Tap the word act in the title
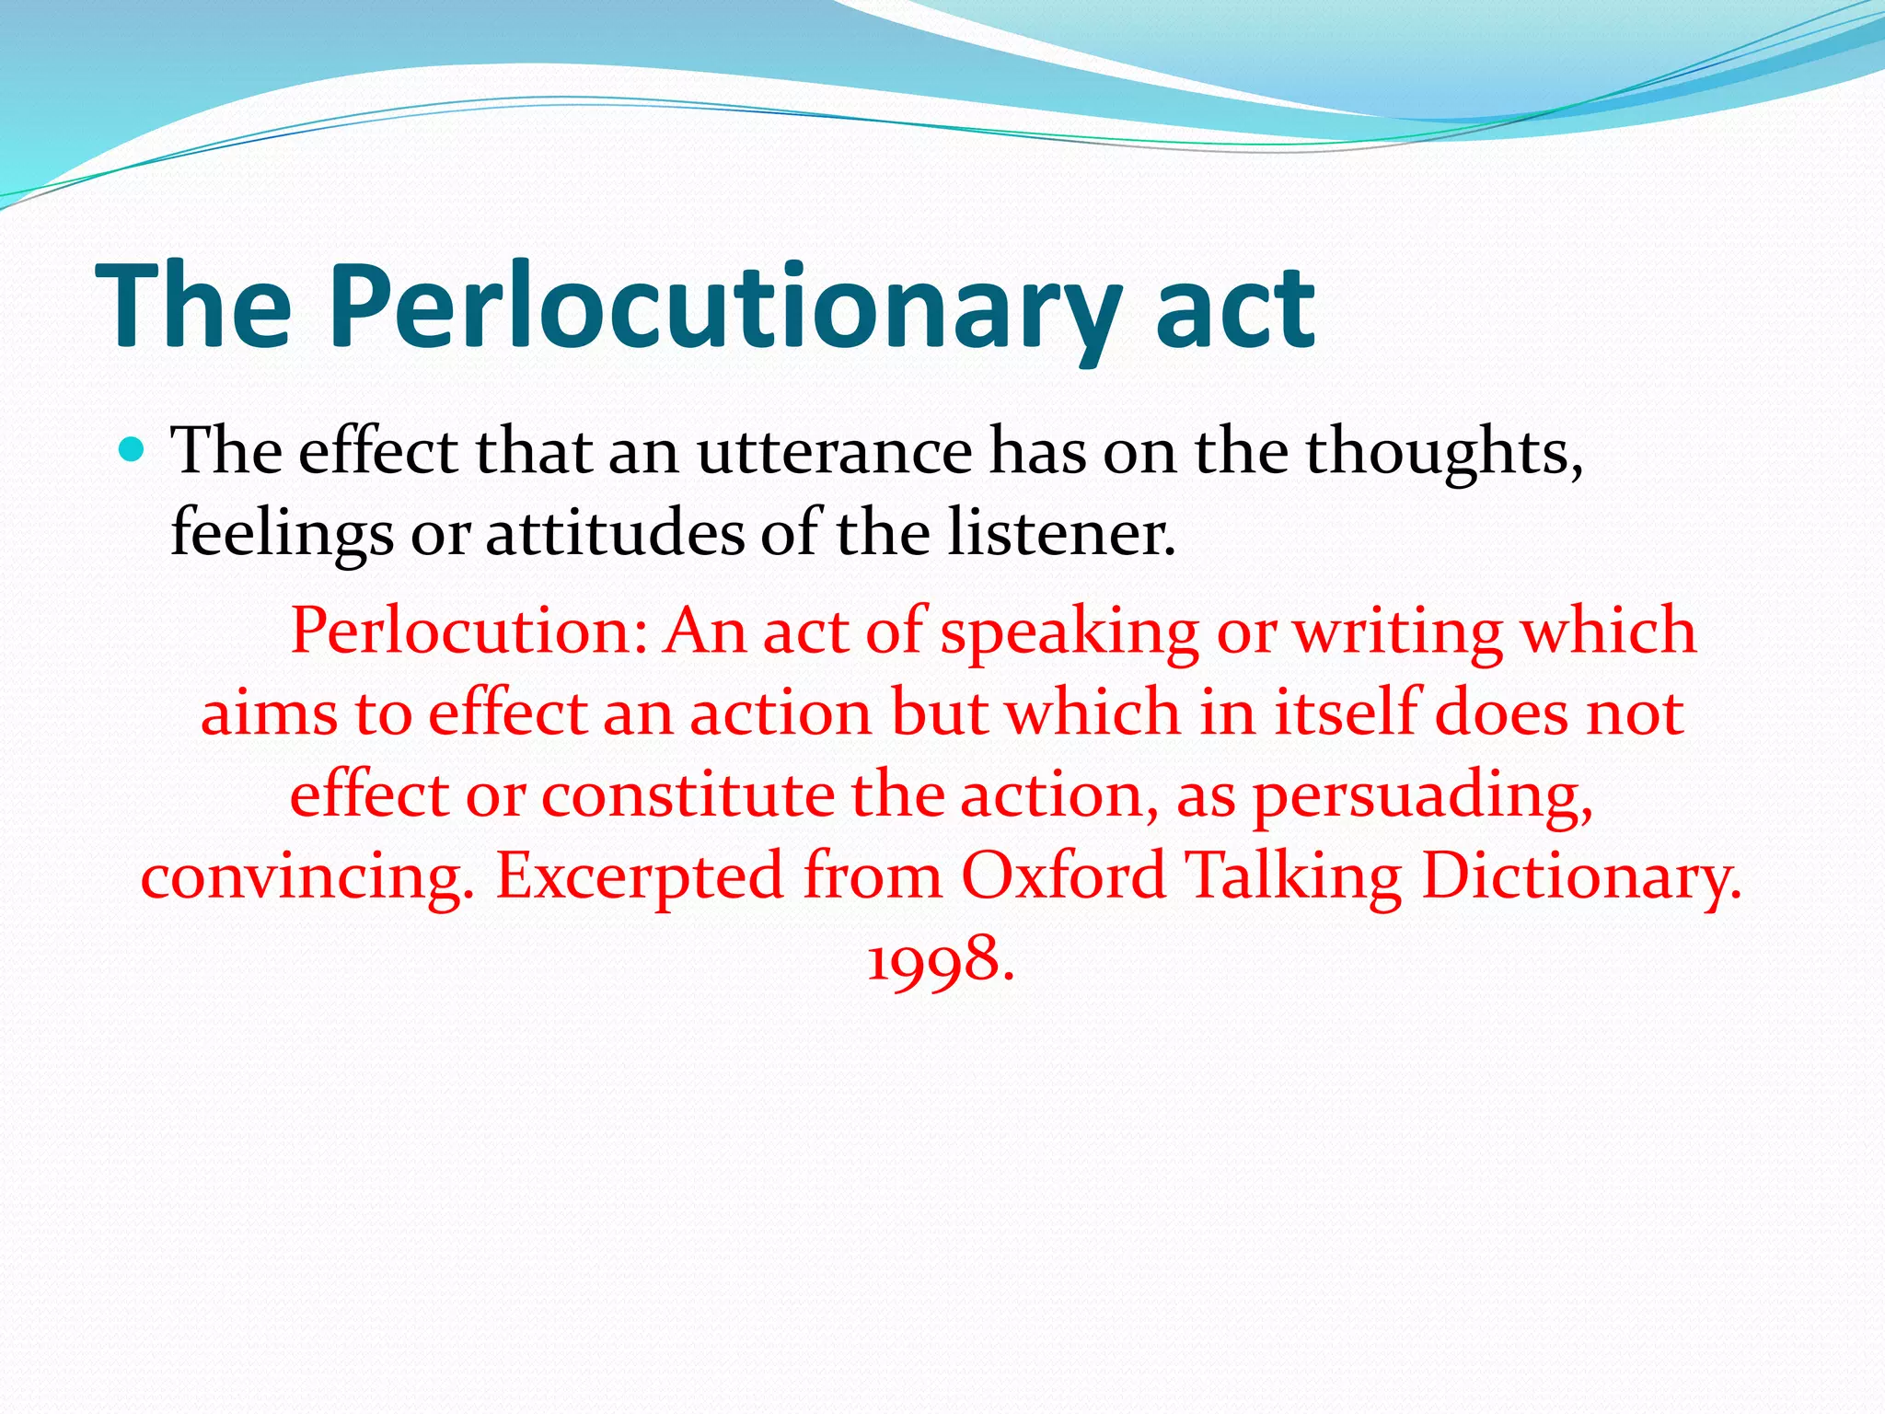click(x=1234, y=308)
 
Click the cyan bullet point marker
click(x=133, y=450)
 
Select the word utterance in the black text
click(x=834, y=452)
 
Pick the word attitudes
click(x=615, y=534)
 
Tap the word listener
click(x=1061, y=534)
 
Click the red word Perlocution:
click(x=469, y=632)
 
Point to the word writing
click(x=1398, y=632)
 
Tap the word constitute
click(x=688, y=795)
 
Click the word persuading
click(x=1423, y=795)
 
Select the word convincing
click(x=307, y=876)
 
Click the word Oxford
click(x=1064, y=876)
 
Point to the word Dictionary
click(x=1581, y=876)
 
